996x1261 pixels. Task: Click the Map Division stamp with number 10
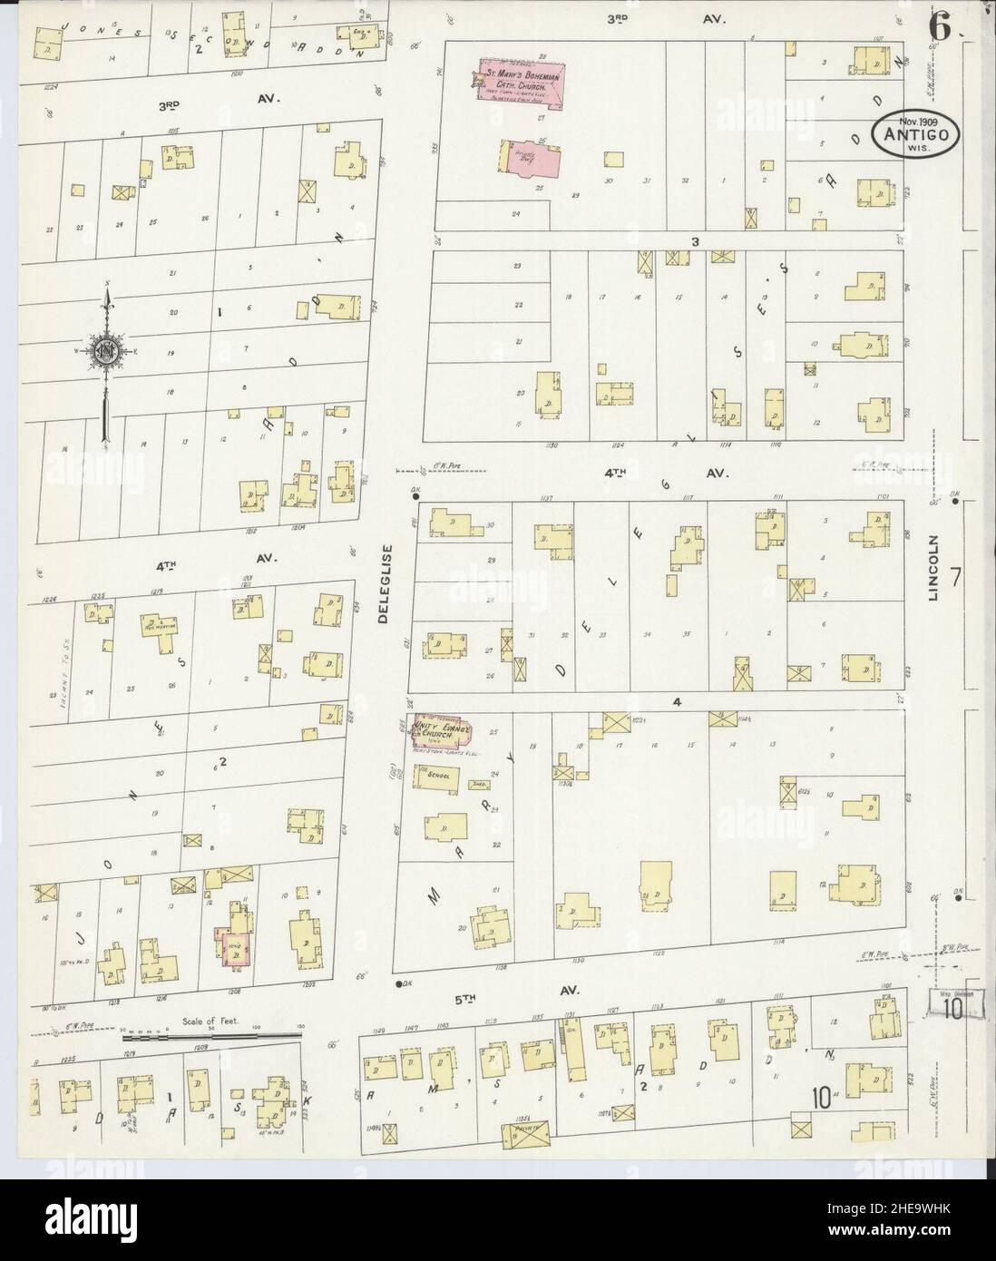click(x=952, y=1004)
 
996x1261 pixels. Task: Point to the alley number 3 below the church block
click(x=695, y=241)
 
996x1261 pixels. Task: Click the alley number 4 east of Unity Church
click(x=676, y=701)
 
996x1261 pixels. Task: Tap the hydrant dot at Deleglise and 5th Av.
click(x=398, y=983)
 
